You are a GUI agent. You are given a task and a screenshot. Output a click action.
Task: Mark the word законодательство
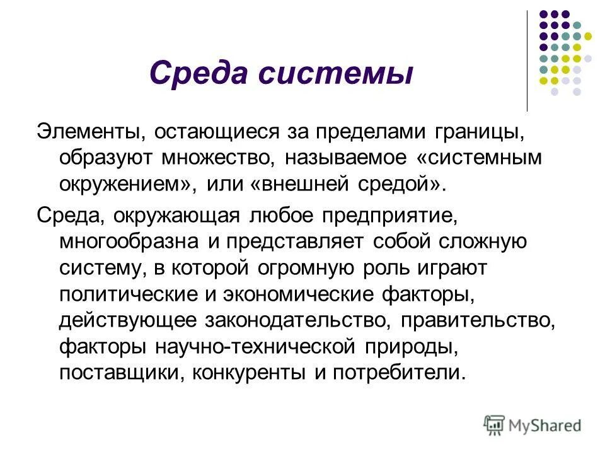293,320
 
